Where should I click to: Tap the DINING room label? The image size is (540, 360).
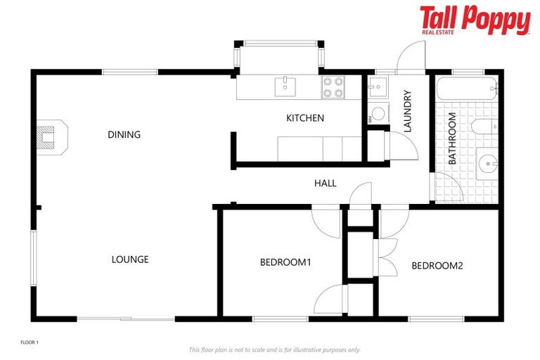(x=124, y=134)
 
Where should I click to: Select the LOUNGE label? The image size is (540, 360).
(x=130, y=259)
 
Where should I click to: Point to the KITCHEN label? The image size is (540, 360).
(x=305, y=118)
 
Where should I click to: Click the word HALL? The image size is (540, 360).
(x=325, y=184)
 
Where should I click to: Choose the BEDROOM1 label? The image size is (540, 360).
(x=285, y=262)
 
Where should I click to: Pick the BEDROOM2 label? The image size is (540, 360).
(x=437, y=266)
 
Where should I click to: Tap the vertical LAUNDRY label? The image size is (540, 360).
(x=406, y=112)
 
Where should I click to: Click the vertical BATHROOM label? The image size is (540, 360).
(x=452, y=139)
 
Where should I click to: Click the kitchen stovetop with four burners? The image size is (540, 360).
(x=333, y=86)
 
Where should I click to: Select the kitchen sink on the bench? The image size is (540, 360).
(x=285, y=86)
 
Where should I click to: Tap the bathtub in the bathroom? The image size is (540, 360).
(x=467, y=90)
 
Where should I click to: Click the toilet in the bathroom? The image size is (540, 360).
(x=484, y=127)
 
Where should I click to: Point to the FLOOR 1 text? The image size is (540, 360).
(x=29, y=342)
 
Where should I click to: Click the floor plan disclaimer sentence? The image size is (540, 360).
(x=274, y=349)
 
